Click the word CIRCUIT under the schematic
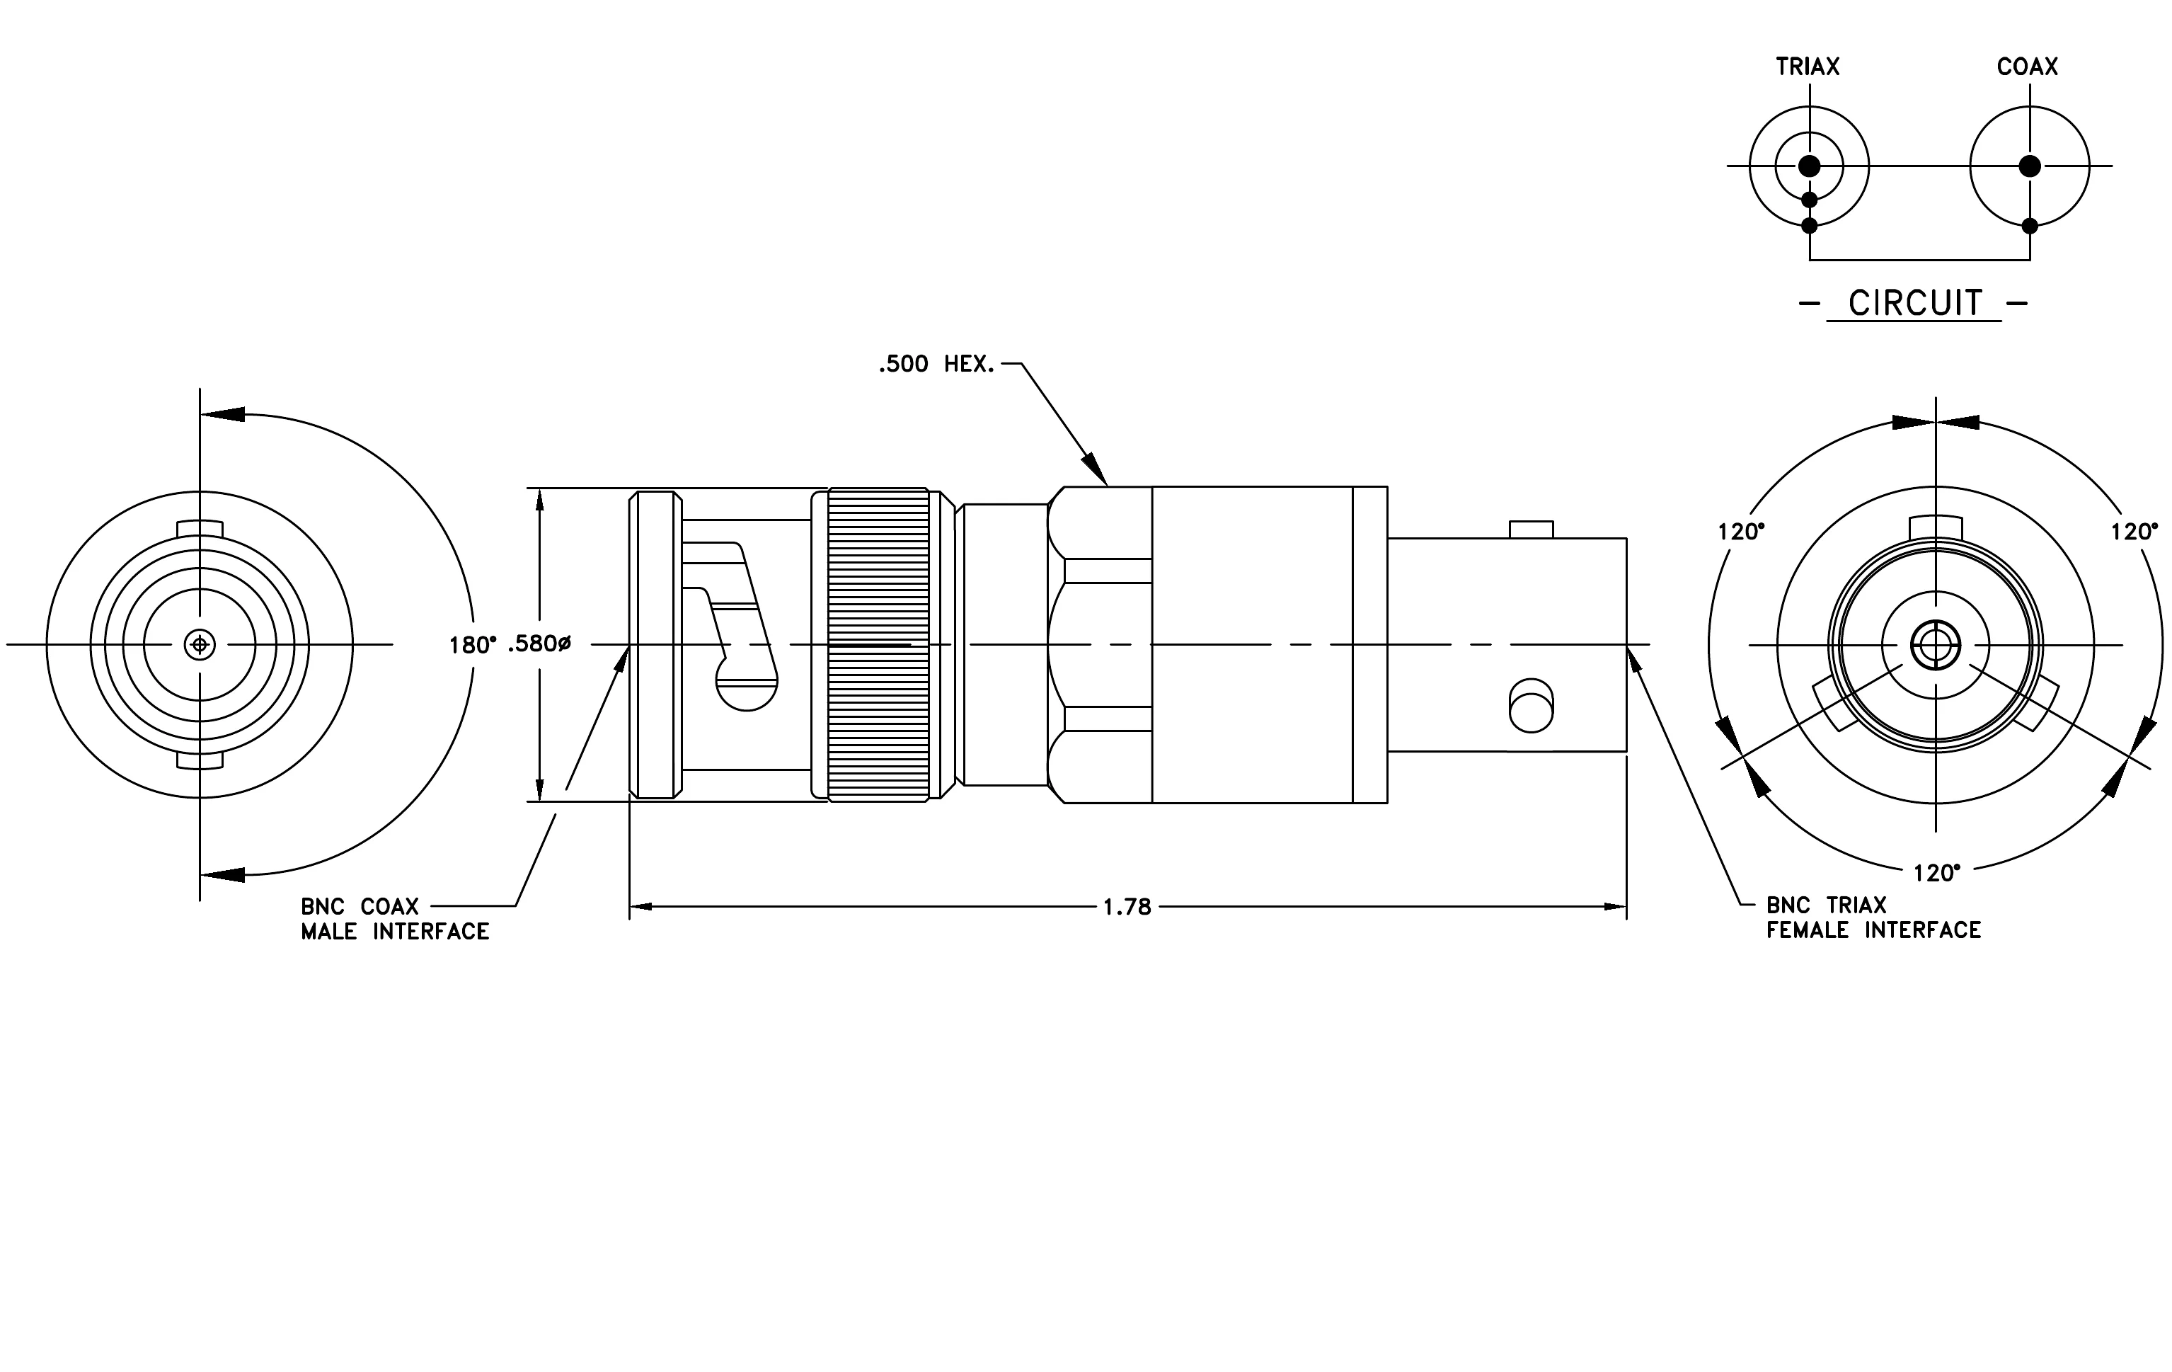1915,303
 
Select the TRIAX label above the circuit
1808,67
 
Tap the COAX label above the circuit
2028,67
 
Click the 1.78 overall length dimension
1127,908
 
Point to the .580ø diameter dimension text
539,644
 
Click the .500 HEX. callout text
937,365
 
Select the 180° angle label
473,645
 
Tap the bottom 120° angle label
1936,873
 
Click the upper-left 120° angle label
1741,532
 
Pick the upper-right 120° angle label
2134,532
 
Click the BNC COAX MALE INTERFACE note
395,919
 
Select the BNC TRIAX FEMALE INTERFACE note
1873,917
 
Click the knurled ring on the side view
878,645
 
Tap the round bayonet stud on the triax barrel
1532,704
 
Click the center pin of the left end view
200,645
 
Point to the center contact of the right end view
1935,645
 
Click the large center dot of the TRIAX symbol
1810,166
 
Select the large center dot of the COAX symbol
2030,166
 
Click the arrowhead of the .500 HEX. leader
1094,467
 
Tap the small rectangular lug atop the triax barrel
1532,530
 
